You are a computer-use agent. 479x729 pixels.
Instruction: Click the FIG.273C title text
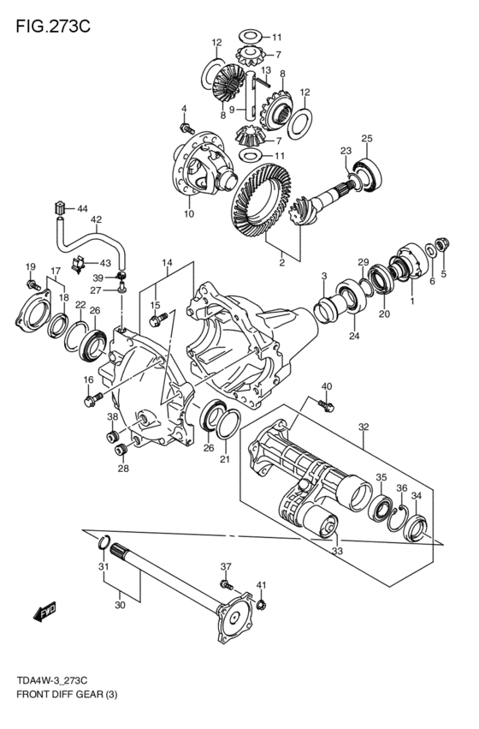tap(53, 27)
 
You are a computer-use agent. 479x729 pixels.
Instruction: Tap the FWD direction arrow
tap(45, 612)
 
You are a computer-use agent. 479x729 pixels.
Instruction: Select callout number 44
tap(82, 209)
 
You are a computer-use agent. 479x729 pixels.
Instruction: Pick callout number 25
tap(367, 139)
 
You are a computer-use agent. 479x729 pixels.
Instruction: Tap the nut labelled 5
tap(443, 243)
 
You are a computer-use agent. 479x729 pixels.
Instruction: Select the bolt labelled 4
tap(186, 128)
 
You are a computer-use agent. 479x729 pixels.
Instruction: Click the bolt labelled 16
tap(94, 399)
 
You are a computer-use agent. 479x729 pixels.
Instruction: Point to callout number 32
tap(364, 427)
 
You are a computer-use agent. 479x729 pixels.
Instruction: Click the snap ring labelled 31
tap(104, 542)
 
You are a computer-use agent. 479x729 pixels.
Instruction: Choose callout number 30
tap(120, 606)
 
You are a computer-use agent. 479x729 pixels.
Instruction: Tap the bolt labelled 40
tap(326, 406)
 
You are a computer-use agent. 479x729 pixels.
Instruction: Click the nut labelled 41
tap(260, 605)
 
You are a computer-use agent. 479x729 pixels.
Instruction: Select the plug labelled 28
tap(121, 450)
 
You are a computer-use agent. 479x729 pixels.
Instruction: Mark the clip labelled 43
tap(78, 265)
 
